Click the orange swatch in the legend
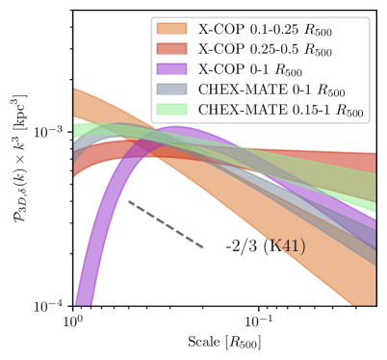coord(172,29)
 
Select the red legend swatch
coord(172,49)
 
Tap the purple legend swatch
coord(172,69)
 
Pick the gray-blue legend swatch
coord(172,90)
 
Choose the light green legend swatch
coord(172,110)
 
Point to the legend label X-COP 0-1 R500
coord(250,70)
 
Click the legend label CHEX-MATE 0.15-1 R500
coord(280,111)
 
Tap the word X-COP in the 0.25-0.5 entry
coord(219,50)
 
